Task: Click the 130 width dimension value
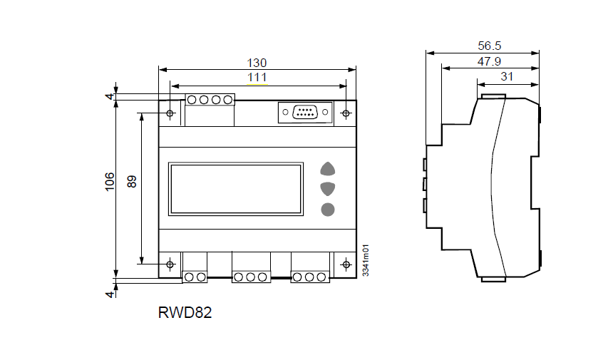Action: click(x=257, y=63)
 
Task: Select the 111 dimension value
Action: click(x=257, y=77)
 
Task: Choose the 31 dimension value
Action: click(x=507, y=76)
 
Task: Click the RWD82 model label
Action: click(x=185, y=312)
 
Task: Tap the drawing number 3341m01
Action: click(x=366, y=261)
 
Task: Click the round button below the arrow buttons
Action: click(x=328, y=209)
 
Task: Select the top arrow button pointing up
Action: click(x=328, y=169)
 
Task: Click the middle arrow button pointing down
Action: click(x=328, y=189)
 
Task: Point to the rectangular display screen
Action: click(x=235, y=189)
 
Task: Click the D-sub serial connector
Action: click(x=305, y=113)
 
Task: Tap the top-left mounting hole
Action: click(x=170, y=113)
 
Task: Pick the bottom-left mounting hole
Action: click(x=170, y=264)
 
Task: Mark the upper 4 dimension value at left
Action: click(x=109, y=96)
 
